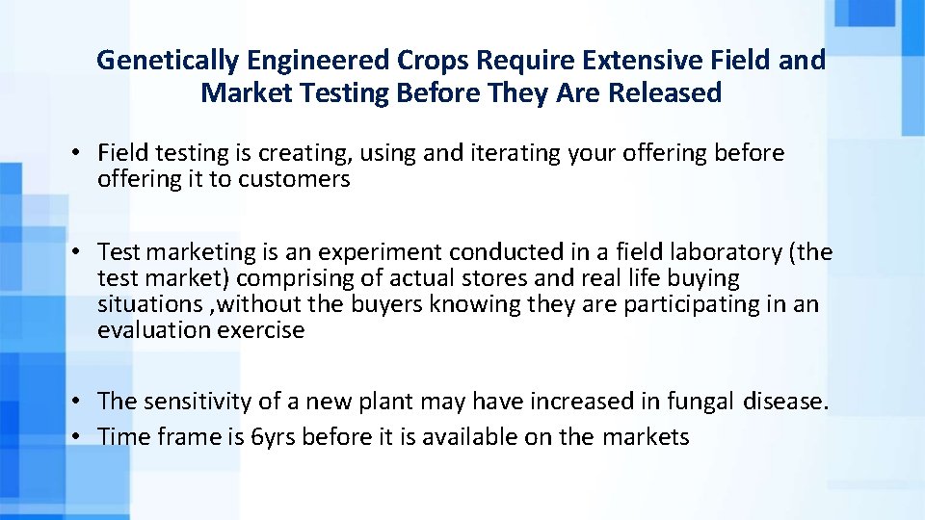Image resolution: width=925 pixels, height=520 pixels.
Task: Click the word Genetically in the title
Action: (x=168, y=61)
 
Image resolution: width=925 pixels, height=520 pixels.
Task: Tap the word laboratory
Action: (x=713, y=252)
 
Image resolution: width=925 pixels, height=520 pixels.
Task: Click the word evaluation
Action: (x=148, y=330)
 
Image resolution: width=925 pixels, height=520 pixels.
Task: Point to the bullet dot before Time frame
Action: (x=74, y=437)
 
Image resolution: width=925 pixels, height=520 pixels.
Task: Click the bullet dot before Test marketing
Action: (x=74, y=252)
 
